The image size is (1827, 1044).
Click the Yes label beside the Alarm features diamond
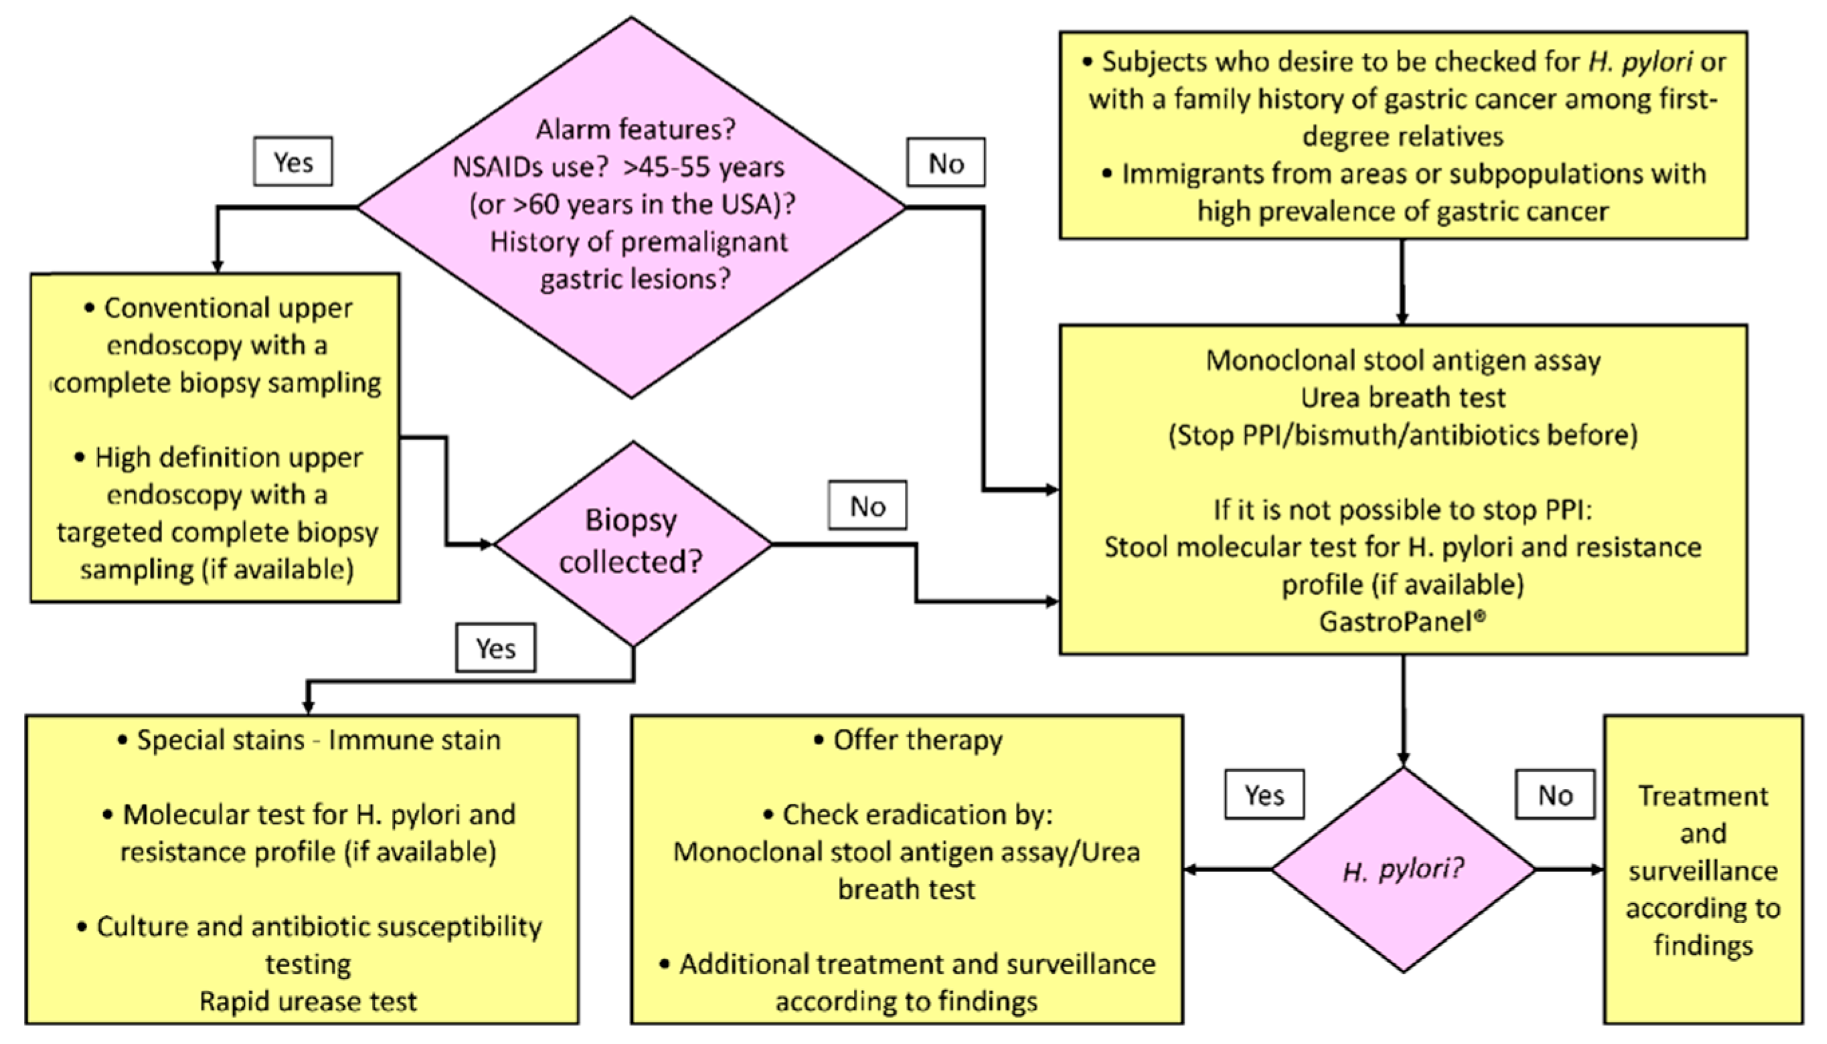pyautogui.click(x=292, y=162)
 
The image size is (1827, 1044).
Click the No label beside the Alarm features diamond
pyautogui.click(x=946, y=163)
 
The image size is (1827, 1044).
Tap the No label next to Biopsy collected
pyautogui.click(x=867, y=506)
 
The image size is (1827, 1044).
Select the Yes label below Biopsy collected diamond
pyautogui.click(x=495, y=648)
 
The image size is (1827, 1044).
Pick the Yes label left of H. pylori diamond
pyautogui.click(x=1264, y=795)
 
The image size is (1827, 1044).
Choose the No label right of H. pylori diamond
pyautogui.click(x=1555, y=795)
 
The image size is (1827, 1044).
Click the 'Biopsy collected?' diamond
pyautogui.click(x=632, y=544)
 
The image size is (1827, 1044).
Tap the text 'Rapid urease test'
pyautogui.click(x=308, y=1001)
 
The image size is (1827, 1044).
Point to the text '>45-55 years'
pyautogui.click(x=703, y=167)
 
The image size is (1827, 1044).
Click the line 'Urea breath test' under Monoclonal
pyautogui.click(x=1402, y=397)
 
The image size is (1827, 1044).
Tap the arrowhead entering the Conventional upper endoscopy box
pyautogui.click(x=217, y=266)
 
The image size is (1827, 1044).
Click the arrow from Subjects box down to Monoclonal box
pyautogui.click(x=1402, y=283)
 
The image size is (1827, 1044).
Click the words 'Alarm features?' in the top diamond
pyautogui.click(x=636, y=129)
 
